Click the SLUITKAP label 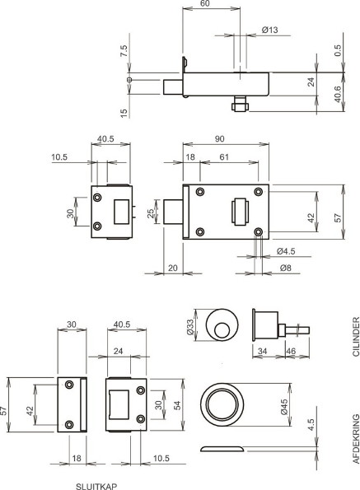[96, 486]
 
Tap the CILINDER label [356, 337]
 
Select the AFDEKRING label [356, 439]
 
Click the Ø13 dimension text [269, 30]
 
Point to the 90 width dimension [220, 138]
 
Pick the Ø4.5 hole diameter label [286, 251]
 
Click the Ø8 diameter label [286, 268]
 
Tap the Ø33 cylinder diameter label [190, 326]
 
